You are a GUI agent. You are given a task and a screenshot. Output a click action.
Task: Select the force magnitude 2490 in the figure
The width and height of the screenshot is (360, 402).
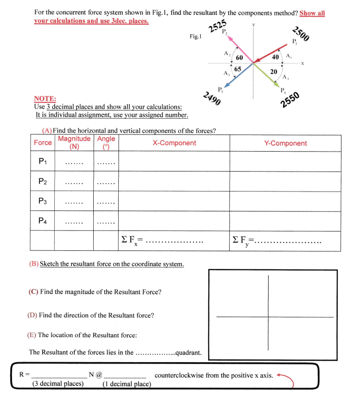pyautogui.click(x=212, y=99)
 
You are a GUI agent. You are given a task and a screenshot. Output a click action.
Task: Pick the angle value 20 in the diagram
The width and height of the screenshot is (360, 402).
pyautogui.click(x=274, y=71)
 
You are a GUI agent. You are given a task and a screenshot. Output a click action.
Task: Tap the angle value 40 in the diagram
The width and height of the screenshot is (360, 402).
pyautogui.click(x=275, y=57)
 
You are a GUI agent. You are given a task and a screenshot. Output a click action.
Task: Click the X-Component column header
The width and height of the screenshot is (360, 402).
pyautogui.click(x=174, y=143)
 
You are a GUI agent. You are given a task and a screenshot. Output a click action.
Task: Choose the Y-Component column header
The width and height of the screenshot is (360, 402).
pyautogui.click(x=285, y=143)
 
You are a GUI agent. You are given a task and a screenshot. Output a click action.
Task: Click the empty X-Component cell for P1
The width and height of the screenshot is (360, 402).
pyautogui.click(x=174, y=162)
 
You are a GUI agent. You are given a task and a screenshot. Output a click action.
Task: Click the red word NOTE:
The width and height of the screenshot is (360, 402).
pyautogui.click(x=45, y=98)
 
